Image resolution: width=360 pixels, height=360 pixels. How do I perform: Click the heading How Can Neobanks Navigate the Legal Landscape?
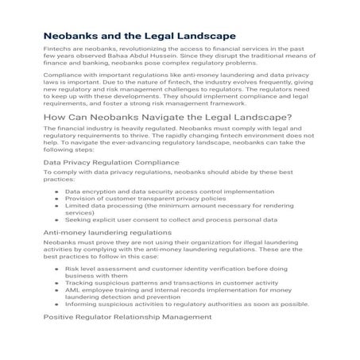[x=168, y=141]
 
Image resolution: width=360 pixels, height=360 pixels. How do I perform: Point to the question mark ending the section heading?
[x=289, y=141]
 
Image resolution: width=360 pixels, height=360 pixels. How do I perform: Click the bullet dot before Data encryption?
[x=56, y=215]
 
